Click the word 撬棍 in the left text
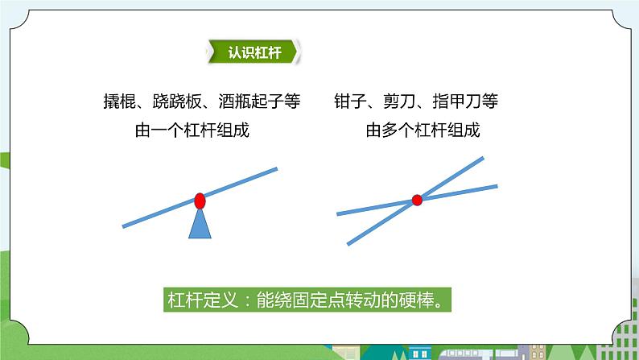[x=118, y=103]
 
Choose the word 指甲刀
[x=457, y=103]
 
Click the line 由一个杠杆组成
[x=192, y=130]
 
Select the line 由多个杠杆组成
[x=423, y=130]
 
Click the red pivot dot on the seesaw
[x=200, y=200]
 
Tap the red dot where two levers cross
[x=417, y=200]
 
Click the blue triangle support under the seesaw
[x=200, y=225]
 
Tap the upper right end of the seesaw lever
[x=275, y=169]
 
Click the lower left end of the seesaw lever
[x=125, y=225]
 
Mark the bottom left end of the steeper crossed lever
[x=349, y=243]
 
